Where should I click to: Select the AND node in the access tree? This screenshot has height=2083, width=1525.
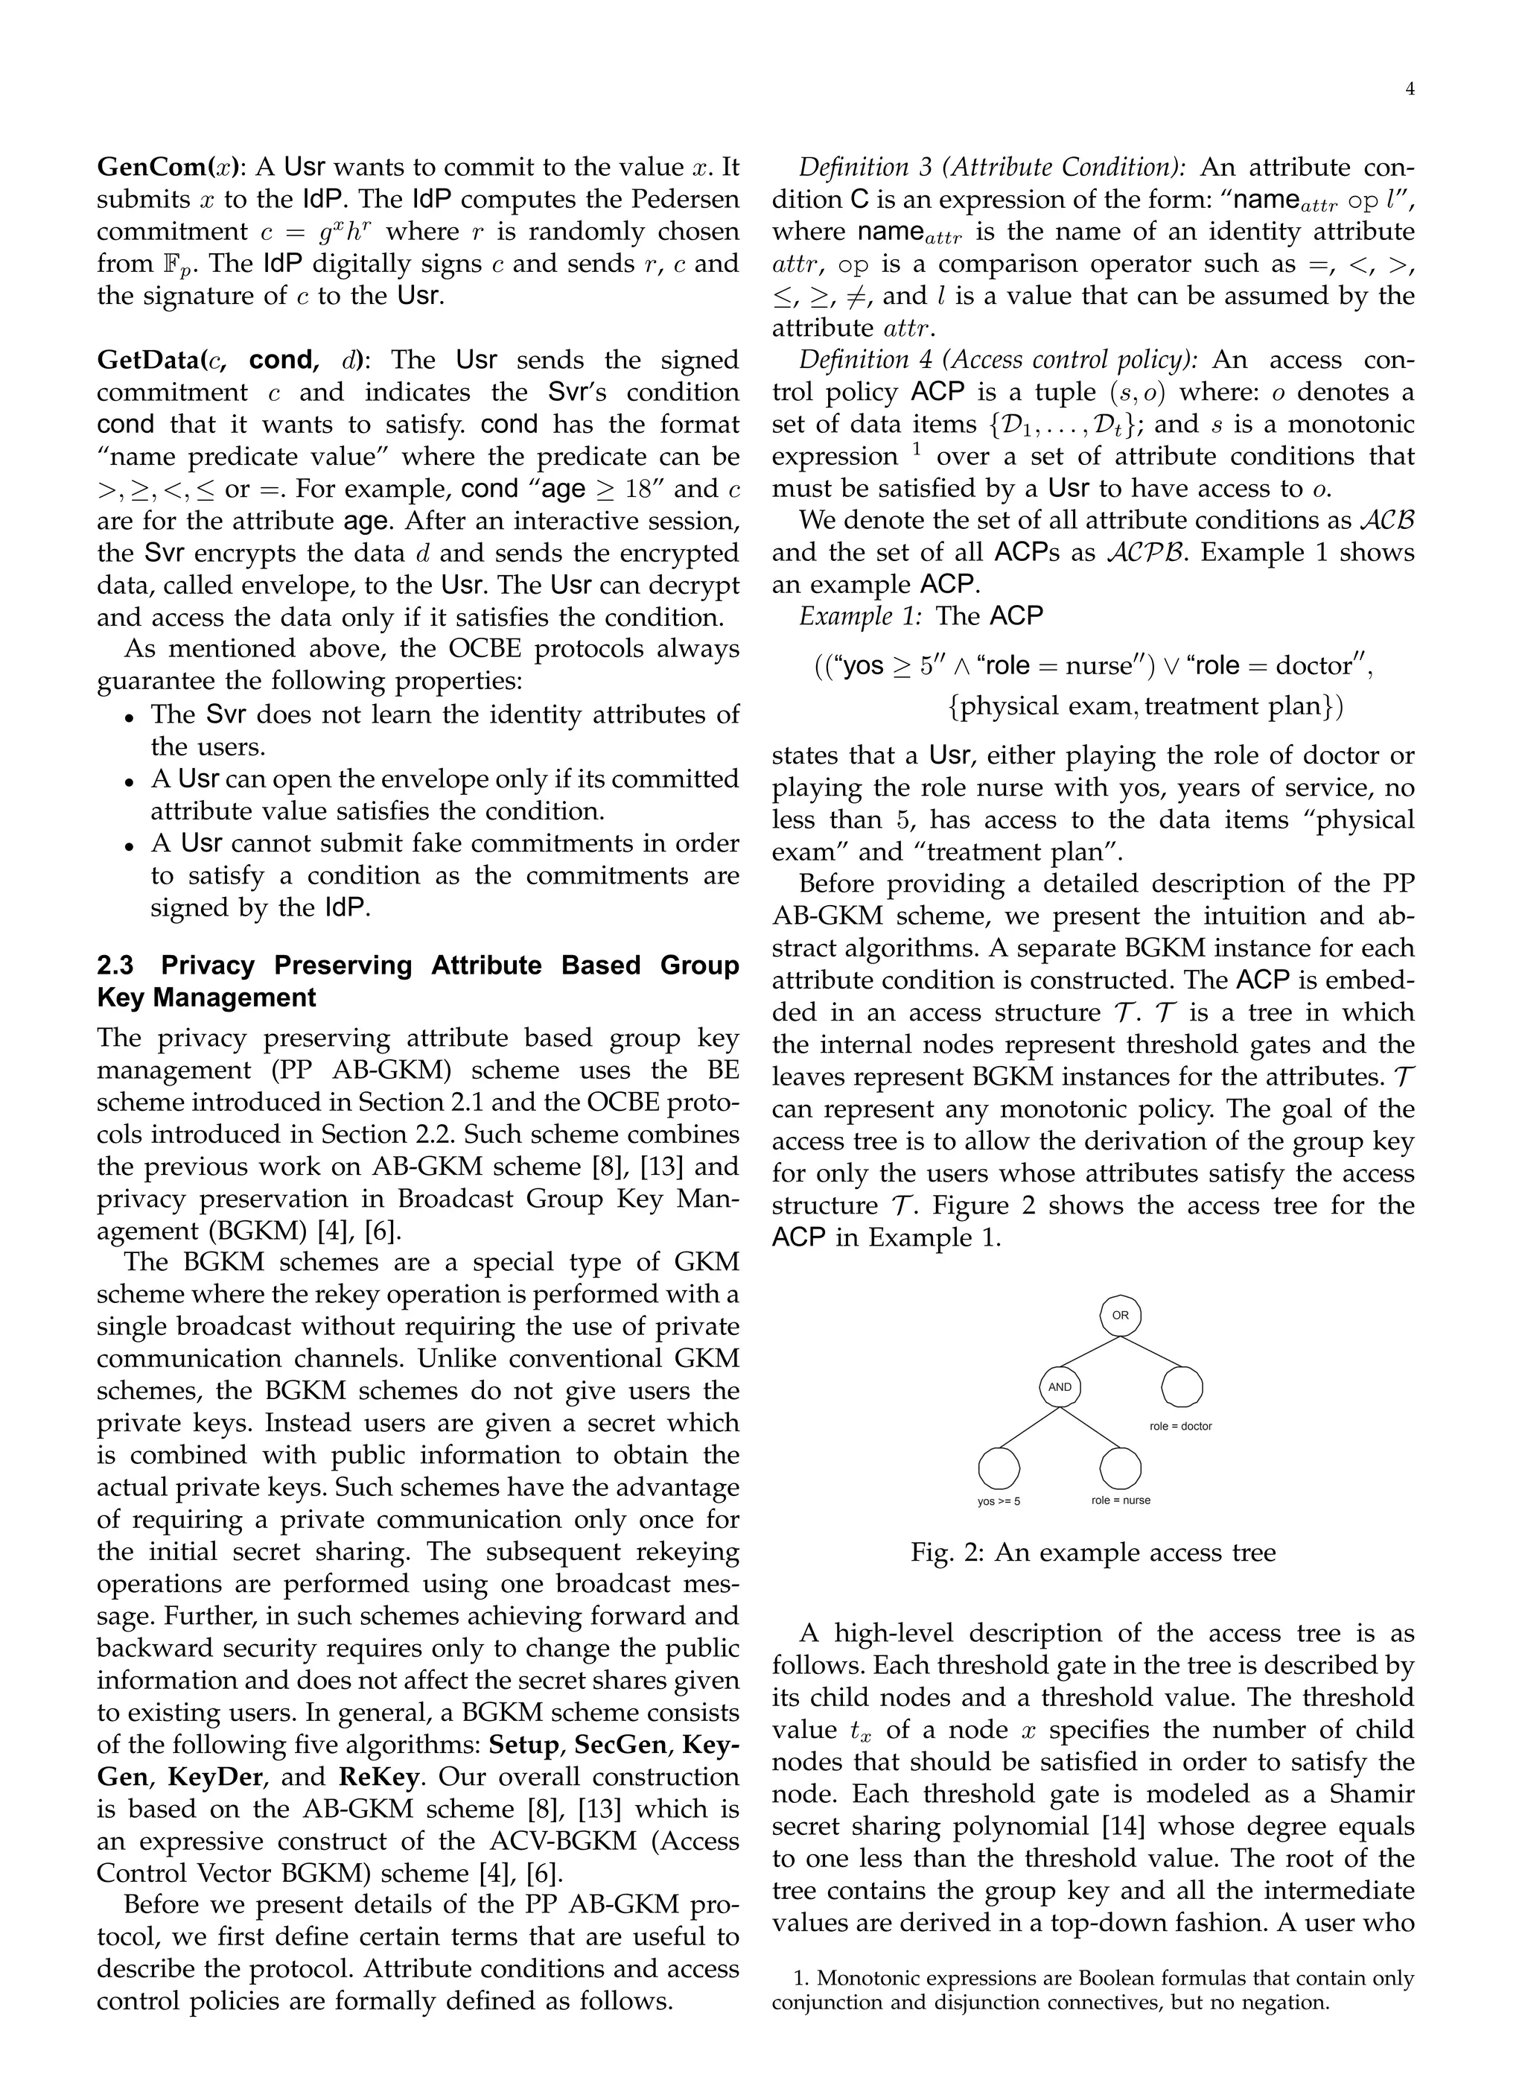[x=1060, y=1387]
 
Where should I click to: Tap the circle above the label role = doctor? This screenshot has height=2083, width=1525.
[x=1182, y=1387]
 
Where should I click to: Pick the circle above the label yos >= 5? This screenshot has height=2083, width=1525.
[x=999, y=1466]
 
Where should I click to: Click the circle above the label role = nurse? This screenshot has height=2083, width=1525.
[x=1121, y=1466]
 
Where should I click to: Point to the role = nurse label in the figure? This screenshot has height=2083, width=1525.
[x=1121, y=1500]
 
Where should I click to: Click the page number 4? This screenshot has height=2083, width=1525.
[x=1410, y=89]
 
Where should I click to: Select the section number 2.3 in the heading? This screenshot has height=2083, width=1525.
[x=115, y=965]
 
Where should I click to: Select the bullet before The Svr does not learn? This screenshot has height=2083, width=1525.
[x=131, y=717]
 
